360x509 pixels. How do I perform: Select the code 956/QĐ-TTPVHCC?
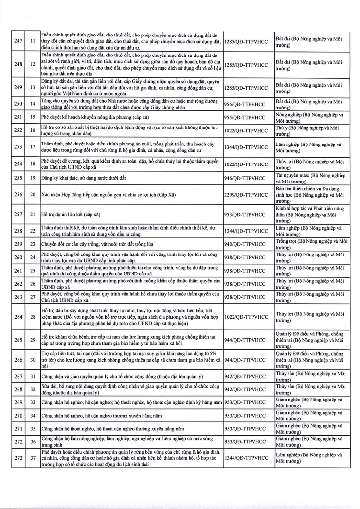click(246, 104)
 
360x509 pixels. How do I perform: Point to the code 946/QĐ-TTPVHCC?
click(246, 178)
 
